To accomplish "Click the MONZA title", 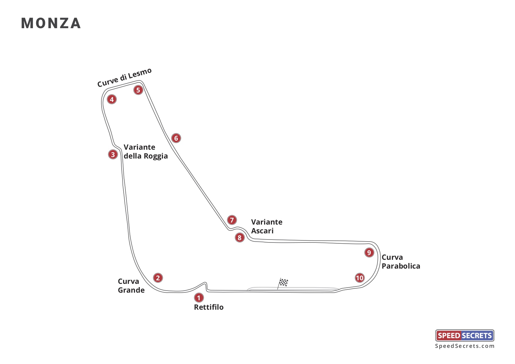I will [51, 23].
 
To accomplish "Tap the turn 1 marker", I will [199, 298].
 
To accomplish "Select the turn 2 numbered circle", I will [158, 278].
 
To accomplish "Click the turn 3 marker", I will [113, 154].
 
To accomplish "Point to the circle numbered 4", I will [112, 99].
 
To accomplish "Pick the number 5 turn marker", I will [138, 90].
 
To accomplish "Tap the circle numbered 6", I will [176, 138].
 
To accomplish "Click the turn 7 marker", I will [232, 220].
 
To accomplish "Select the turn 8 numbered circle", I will [239, 237].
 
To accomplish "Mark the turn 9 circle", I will [369, 252].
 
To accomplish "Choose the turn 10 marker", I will [360, 278].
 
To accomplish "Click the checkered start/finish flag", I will [283, 282].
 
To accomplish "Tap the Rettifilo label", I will [209, 307].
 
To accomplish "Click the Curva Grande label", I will [131, 286].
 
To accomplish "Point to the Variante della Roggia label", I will [145, 151].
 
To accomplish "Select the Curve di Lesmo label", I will [125, 77].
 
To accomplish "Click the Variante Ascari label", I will [266, 226].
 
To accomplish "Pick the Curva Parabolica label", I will [400, 262].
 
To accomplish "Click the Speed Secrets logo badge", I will [464, 336].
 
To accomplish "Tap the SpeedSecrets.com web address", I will [464, 346].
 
